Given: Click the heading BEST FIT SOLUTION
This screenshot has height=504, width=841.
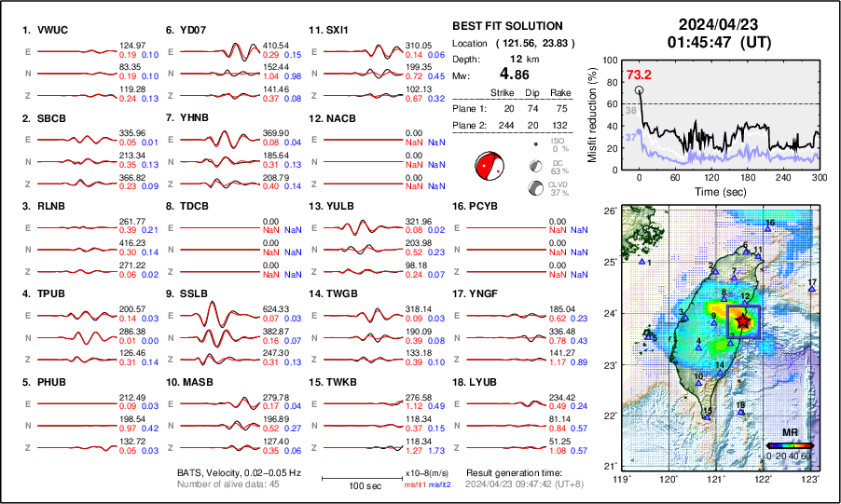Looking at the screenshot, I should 506,26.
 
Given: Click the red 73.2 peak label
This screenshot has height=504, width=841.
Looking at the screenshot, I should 639,75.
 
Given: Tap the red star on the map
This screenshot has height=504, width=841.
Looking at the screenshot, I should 742,320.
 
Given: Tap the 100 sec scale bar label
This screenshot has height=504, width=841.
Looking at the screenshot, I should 351,486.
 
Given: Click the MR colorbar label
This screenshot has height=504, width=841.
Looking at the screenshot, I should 789,433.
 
